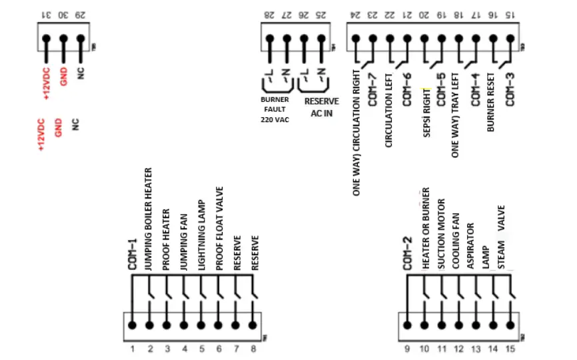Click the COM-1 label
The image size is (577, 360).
click(132, 253)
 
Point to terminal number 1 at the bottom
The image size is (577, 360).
click(132, 348)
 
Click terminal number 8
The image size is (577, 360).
click(253, 348)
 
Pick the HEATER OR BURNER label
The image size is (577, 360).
click(425, 234)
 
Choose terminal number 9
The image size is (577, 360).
click(408, 348)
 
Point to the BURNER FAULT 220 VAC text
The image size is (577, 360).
click(275, 109)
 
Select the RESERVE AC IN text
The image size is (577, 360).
click(320, 107)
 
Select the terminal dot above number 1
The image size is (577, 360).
click(132, 325)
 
